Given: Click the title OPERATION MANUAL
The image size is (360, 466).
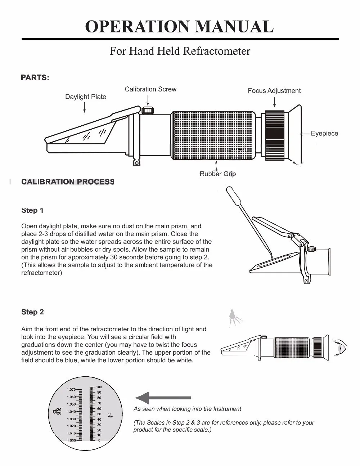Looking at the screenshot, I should [179, 27].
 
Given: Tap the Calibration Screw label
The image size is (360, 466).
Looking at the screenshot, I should [150, 89].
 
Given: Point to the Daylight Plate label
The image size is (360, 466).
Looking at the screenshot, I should [86, 97].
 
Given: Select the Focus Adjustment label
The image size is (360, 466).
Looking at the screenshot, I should [274, 91].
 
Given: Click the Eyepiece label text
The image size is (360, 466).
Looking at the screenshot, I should [324, 134].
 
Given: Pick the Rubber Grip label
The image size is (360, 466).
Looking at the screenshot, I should [217, 174].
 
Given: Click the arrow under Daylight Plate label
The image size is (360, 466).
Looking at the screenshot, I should [85, 107].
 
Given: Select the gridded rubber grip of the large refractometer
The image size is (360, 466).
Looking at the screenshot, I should [214, 135].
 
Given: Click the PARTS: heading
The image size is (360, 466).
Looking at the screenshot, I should [35, 78].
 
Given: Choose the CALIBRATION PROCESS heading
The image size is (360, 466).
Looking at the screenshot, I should [68, 182].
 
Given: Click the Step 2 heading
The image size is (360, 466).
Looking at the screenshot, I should [32, 312].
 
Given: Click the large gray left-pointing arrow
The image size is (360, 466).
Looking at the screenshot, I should [162, 398].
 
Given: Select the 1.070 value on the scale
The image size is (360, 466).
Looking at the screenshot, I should [71, 390].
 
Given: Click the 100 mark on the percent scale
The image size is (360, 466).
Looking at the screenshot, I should [99, 387].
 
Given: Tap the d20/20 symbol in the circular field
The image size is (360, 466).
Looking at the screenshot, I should [57, 411].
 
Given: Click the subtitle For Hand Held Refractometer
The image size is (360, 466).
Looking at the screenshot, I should [180, 51].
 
